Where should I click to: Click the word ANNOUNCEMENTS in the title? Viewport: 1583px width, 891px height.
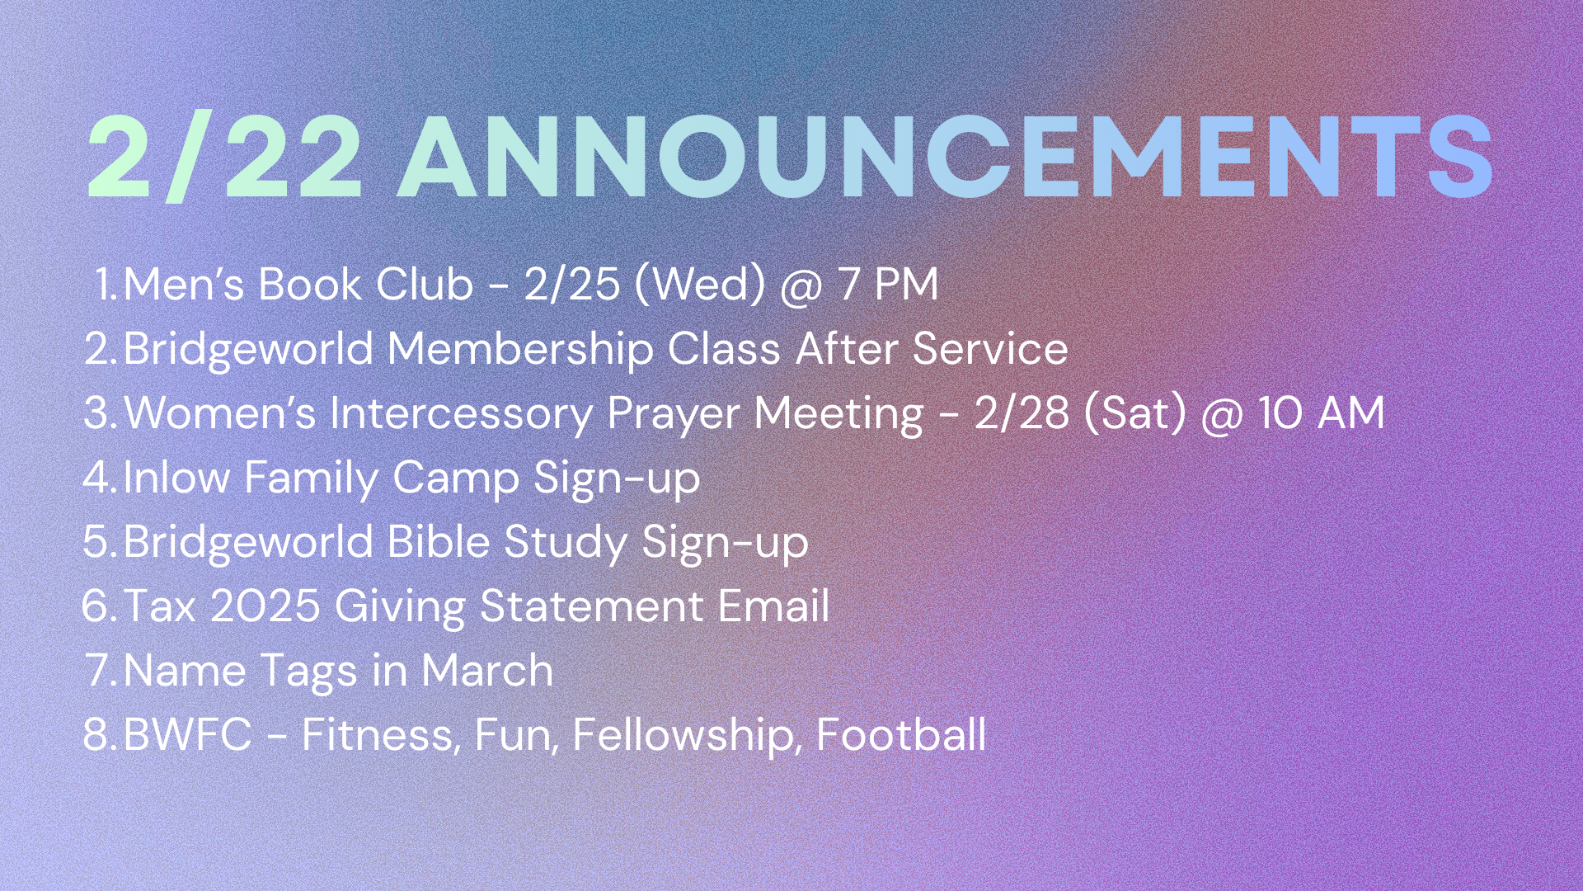click(x=946, y=157)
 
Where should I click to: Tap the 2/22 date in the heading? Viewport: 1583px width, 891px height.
click(x=224, y=158)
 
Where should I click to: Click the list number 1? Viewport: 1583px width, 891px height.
click(x=106, y=284)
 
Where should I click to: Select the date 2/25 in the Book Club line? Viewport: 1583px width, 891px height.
click(x=571, y=284)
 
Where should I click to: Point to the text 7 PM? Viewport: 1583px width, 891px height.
click(x=888, y=284)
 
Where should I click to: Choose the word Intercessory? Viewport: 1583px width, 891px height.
click(x=461, y=413)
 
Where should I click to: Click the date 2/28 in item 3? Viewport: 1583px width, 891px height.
click(x=1022, y=412)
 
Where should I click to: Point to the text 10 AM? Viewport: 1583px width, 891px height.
click(x=1321, y=412)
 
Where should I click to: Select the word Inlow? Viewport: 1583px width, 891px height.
click(x=176, y=477)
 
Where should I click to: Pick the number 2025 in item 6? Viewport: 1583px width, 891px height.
click(x=265, y=606)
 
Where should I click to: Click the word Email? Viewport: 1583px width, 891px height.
click(x=773, y=606)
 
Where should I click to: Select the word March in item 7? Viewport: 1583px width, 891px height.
click(x=486, y=670)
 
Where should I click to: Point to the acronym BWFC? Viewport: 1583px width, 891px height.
click(x=187, y=734)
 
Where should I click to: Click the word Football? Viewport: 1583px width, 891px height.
click(x=900, y=734)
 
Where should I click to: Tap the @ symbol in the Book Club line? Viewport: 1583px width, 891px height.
click(x=801, y=285)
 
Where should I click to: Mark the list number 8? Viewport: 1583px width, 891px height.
click(x=101, y=734)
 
